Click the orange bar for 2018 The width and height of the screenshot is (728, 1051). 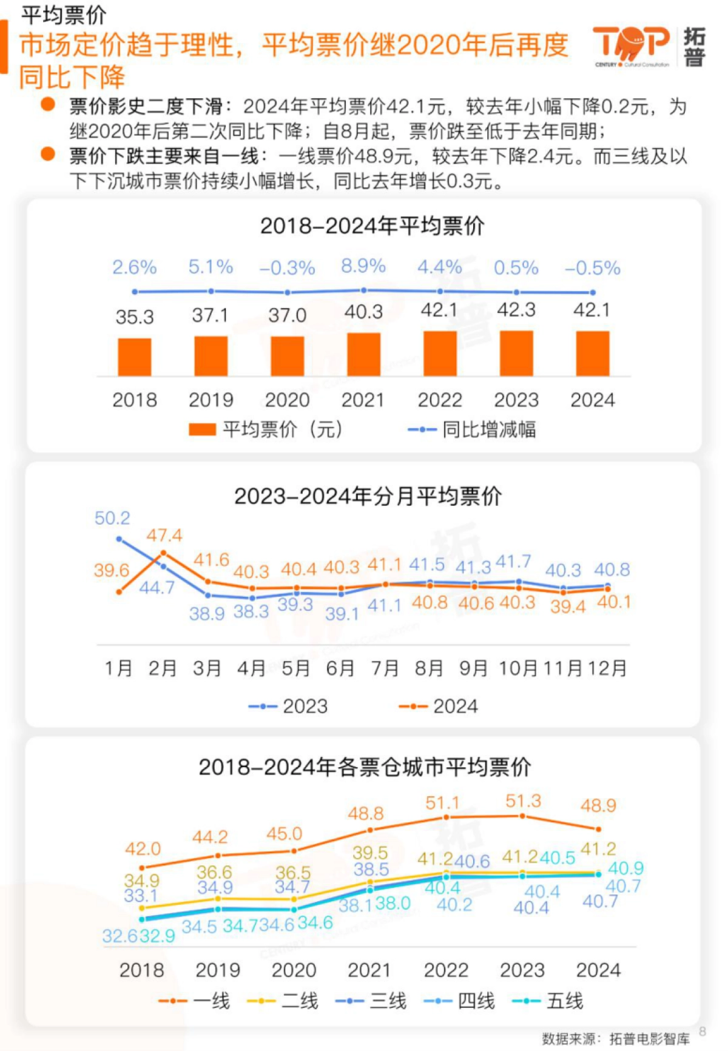[134, 357]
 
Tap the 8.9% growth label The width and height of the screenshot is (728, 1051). [363, 266]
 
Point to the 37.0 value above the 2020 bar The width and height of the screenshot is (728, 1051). [287, 315]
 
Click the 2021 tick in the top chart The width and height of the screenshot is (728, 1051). [363, 400]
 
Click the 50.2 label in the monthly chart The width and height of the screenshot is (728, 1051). [112, 518]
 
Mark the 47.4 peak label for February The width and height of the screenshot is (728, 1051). [164, 536]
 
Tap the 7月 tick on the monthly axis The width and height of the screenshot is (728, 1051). [385, 668]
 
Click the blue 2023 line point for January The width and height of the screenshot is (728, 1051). [119, 539]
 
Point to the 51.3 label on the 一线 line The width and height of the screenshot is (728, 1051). [523, 801]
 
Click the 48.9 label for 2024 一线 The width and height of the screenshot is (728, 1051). [598, 806]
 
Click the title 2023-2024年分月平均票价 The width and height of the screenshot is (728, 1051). [368, 496]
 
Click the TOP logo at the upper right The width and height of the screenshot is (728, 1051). [631, 45]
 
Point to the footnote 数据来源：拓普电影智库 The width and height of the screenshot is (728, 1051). [616, 1039]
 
